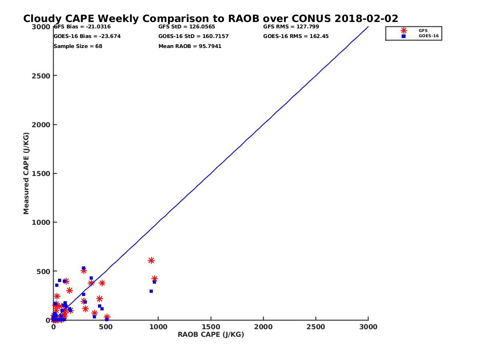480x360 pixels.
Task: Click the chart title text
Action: coord(210,19)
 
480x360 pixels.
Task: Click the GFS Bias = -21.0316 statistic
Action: coord(82,27)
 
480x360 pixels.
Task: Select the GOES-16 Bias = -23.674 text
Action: coord(87,36)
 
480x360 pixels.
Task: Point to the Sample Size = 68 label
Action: coord(78,46)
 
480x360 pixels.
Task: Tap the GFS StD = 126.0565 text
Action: coord(186,27)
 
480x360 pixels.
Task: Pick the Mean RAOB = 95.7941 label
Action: coord(190,46)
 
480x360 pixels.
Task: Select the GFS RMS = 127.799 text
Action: coord(291,27)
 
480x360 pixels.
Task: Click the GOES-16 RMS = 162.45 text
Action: coord(295,36)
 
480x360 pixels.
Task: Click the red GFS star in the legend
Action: coord(404,30)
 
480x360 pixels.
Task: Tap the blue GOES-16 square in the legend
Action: coord(404,36)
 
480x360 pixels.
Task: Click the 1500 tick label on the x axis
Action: coord(211,327)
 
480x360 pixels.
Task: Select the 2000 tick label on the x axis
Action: coord(263,327)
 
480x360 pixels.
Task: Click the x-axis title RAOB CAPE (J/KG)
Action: coord(211,335)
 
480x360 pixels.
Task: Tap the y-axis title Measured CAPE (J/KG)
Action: coord(26,173)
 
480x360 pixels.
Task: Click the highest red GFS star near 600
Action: coord(151,260)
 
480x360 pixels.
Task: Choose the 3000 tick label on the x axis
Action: coord(368,327)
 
